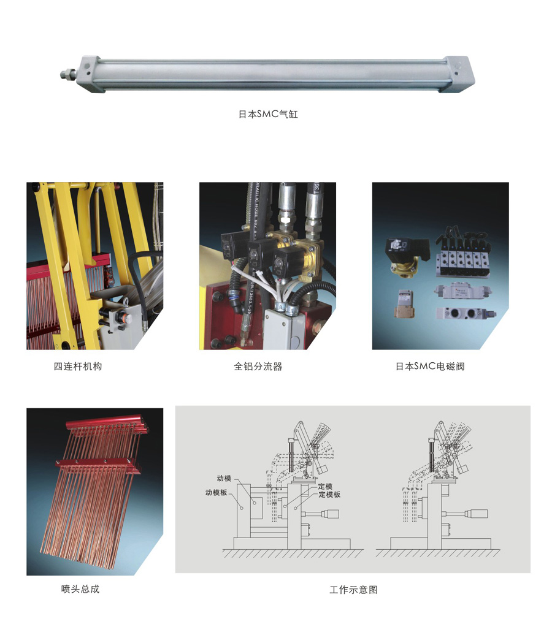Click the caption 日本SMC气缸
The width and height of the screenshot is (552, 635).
268,114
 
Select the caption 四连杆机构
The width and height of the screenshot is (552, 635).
78,367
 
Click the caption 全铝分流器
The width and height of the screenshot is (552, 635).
258,367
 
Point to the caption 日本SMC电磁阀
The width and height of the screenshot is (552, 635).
430,367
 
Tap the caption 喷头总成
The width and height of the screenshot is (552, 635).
80,589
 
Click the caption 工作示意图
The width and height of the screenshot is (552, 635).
353,590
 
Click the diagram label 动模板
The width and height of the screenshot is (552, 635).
216,492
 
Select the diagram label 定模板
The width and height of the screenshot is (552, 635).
329,495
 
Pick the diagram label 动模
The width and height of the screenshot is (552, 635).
224,478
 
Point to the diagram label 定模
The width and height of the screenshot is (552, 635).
326,487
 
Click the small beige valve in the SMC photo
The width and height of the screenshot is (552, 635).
403,304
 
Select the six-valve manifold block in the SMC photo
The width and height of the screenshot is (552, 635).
462,255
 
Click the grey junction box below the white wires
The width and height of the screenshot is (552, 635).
284,328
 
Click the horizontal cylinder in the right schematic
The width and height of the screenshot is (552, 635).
470,514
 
